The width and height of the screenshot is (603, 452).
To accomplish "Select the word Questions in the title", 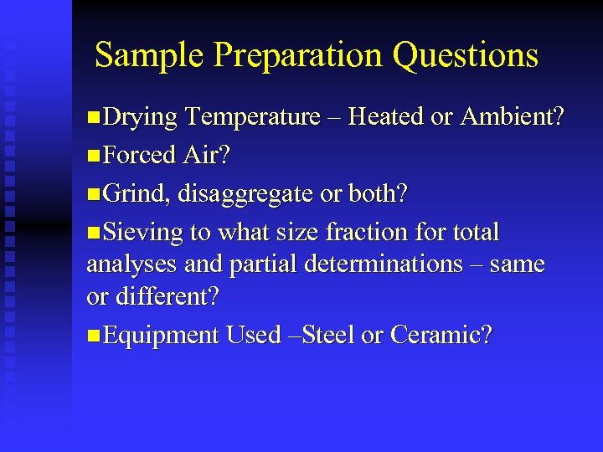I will point(465,56).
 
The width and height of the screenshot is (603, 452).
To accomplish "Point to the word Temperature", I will point(253,117).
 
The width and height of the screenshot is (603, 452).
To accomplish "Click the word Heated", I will point(385,117).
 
